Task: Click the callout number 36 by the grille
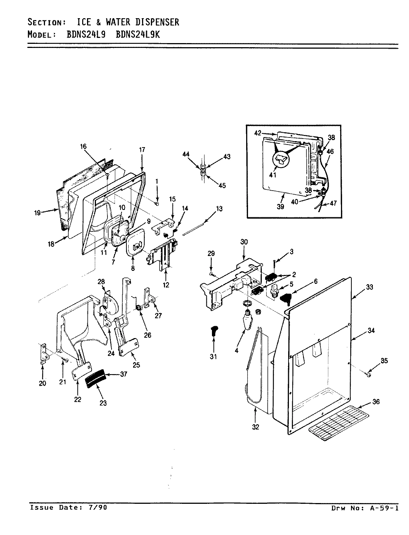click(x=376, y=402)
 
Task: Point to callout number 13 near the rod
click(x=219, y=209)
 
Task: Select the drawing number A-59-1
click(x=384, y=508)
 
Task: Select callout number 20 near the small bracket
click(x=42, y=383)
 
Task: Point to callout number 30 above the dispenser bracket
click(x=244, y=242)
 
